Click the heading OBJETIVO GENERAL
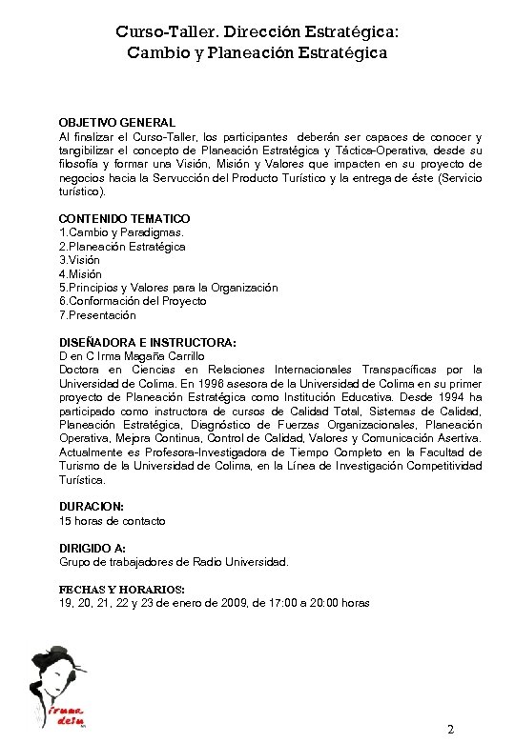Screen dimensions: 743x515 [116, 123]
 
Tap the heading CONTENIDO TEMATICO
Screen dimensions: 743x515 [124, 219]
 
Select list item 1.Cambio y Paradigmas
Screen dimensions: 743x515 [121, 232]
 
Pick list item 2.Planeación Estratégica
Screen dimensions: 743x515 [122, 247]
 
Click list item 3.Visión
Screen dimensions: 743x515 [79, 260]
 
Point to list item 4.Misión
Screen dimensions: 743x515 [80, 274]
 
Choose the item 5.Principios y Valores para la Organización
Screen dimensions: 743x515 [168, 288]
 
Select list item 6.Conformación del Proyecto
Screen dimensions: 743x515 [133, 301]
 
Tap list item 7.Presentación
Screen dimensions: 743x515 [97, 315]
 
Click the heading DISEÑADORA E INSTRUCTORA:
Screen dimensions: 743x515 [147, 342]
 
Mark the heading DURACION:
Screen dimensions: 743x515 [92, 507]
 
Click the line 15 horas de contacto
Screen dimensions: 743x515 [112, 521]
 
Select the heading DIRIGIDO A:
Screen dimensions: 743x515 [93, 549]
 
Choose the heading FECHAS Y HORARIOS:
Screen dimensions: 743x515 [122, 590]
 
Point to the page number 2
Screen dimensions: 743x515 [450, 730]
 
